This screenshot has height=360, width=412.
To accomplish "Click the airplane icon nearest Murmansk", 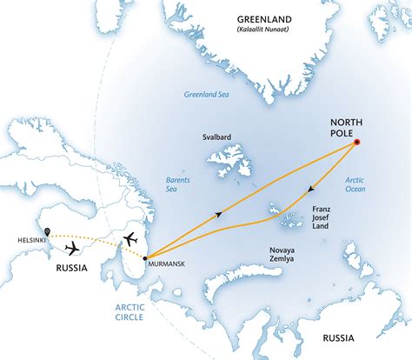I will (x=130, y=237).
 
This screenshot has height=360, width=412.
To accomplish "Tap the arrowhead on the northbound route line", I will (x=217, y=212).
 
